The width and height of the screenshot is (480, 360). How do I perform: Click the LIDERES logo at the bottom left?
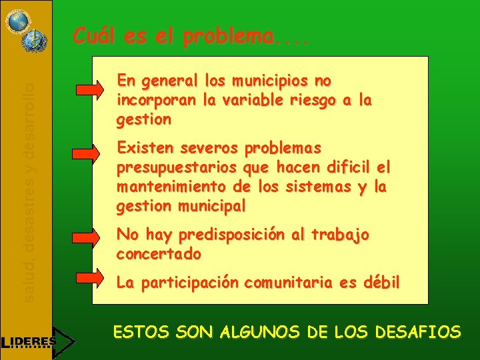pyautogui.click(x=33, y=341)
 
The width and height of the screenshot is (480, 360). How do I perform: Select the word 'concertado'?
pyautogui.click(x=159, y=254)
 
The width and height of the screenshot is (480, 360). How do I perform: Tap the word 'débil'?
pyautogui.click(x=381, y=282)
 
